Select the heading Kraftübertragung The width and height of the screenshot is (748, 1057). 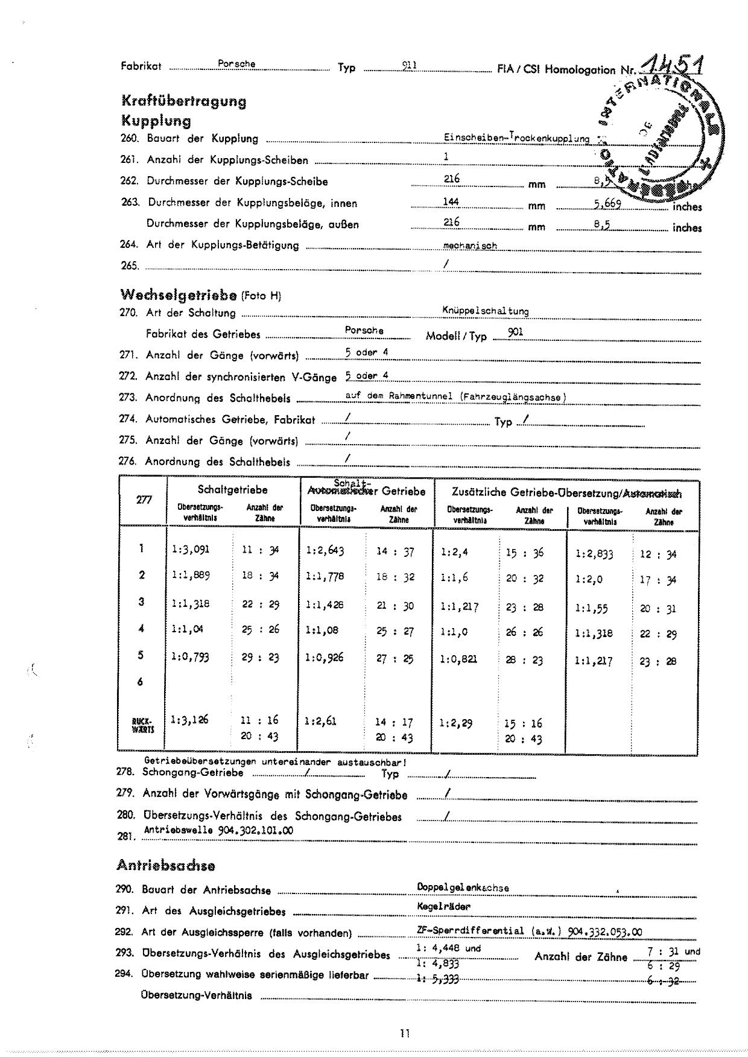184,101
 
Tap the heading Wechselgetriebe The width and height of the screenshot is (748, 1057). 179,295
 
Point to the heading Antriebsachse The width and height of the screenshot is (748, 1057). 166,865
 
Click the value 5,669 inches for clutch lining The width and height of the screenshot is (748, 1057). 607,203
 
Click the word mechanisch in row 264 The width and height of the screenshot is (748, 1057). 470,246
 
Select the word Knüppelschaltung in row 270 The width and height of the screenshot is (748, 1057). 485,311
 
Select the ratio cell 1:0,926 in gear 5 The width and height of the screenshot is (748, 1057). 325,657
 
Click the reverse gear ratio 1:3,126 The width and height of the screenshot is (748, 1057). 190,720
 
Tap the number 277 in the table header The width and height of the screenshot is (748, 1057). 144,500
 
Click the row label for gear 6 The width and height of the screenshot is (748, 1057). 141,682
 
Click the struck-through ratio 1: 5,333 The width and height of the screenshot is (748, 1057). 437,979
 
